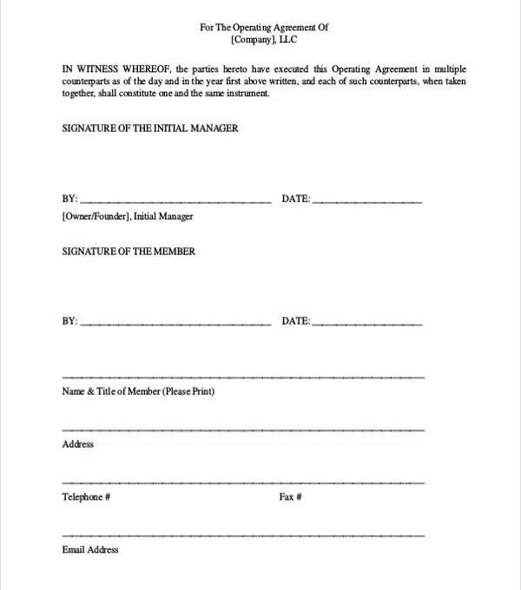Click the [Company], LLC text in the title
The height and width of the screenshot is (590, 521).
coord(264,40)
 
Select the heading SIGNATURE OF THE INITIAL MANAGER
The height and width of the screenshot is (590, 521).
coord(150,128)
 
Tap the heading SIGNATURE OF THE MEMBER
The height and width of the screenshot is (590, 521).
coord(129,252)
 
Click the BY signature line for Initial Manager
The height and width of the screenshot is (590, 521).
coord(175,201)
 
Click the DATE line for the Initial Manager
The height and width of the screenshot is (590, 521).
coord(366,201)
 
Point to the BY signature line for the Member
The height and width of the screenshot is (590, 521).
coord(175,324)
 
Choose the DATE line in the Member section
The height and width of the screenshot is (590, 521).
coord(366,324)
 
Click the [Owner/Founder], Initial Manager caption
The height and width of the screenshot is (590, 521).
coord(128,217)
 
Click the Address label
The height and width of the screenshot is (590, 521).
coord(78,444)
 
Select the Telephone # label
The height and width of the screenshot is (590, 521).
coord(86,497)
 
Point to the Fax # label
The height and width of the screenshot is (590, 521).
coord(290,497)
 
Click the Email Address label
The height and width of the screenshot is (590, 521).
coord(90,550)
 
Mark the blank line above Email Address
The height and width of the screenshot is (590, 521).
coord(243,534)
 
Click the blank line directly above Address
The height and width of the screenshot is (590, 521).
coord(243,429)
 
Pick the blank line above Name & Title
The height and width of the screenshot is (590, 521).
coord(243,377)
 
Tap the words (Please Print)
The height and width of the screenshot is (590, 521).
coord(189,391)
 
